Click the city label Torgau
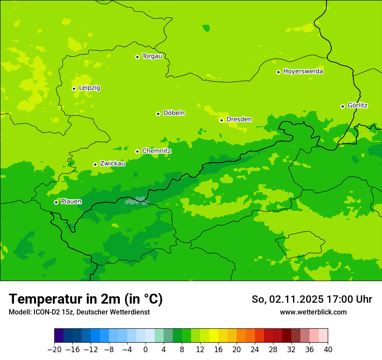click(x=152, y=56)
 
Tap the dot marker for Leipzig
click(x=74, y=88)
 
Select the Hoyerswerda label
click(x=303, y=72)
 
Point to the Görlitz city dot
click(x=342, y=106)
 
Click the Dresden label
click(x=239, y=119)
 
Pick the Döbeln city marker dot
click(x=158, y=114)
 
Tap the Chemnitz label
click(x=156, y=151)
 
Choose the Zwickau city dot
click(x=95, y=164)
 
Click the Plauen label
click(x=71, y=202)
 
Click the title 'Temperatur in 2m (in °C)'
click(x=86, y=299)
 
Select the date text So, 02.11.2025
click(x=287, y=299)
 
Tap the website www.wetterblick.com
click(x=313, y=312)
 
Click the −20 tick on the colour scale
click(x=54, y=349)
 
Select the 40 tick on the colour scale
click(x=328, y=349)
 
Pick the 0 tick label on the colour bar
click(x=145, y=349)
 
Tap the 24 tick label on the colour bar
click(x=255, y=349)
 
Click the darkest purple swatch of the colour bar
click(x=59, y=336)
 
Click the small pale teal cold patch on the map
click(x=137, y=200)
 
